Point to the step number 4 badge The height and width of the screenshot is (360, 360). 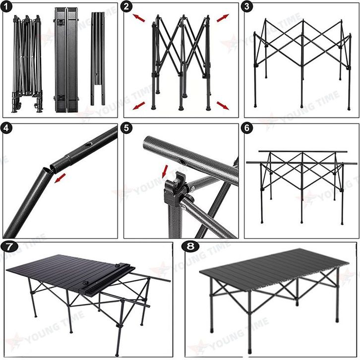(7, 127)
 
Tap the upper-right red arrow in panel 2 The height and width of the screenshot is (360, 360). (223, 18)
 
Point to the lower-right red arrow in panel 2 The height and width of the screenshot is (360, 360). (223, 106)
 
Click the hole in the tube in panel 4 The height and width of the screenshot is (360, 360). (88, 146)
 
